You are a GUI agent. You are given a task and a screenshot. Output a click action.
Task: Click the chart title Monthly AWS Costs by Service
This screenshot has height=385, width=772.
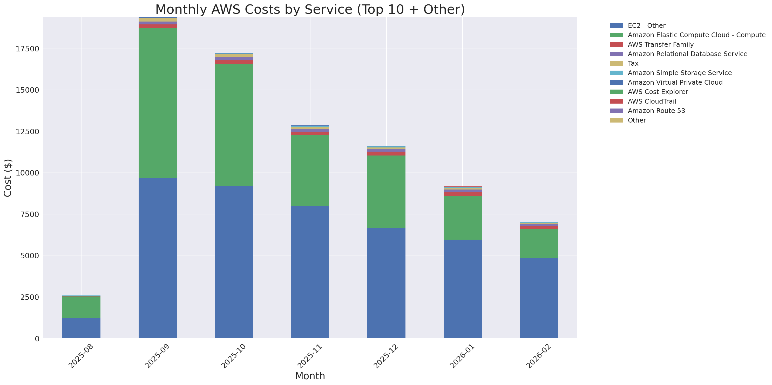(310, 9)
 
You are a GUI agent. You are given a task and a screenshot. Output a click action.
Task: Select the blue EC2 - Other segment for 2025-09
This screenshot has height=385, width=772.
(157, 258)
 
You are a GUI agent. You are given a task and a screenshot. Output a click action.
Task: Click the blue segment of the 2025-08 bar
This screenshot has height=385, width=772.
(81, 328)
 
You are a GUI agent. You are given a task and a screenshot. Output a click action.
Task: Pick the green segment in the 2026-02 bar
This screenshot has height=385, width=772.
(539, 243)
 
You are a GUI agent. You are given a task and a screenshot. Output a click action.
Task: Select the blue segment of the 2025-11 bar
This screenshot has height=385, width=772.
(310, 272)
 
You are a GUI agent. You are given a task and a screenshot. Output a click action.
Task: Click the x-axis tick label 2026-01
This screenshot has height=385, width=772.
(462, 356)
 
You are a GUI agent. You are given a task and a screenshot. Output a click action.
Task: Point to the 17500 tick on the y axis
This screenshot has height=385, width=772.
(27, 49)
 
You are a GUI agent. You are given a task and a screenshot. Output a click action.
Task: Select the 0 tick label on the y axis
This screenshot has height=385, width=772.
(37, 339)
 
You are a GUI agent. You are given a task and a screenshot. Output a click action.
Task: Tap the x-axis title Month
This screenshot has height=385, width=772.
(310, 376)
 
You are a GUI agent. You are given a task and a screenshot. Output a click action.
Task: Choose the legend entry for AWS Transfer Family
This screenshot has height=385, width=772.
(661, 45)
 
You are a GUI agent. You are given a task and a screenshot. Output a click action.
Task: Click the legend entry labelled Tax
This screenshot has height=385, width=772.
(633, 64)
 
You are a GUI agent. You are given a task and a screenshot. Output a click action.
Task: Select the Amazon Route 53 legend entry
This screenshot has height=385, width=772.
(656, 111)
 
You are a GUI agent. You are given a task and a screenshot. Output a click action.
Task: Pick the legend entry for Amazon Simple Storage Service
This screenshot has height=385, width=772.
(679, 73)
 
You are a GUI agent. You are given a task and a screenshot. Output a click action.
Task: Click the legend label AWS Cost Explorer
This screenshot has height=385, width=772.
(658, 92)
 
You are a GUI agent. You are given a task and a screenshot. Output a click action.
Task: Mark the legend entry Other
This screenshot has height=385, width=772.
(636, 120)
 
